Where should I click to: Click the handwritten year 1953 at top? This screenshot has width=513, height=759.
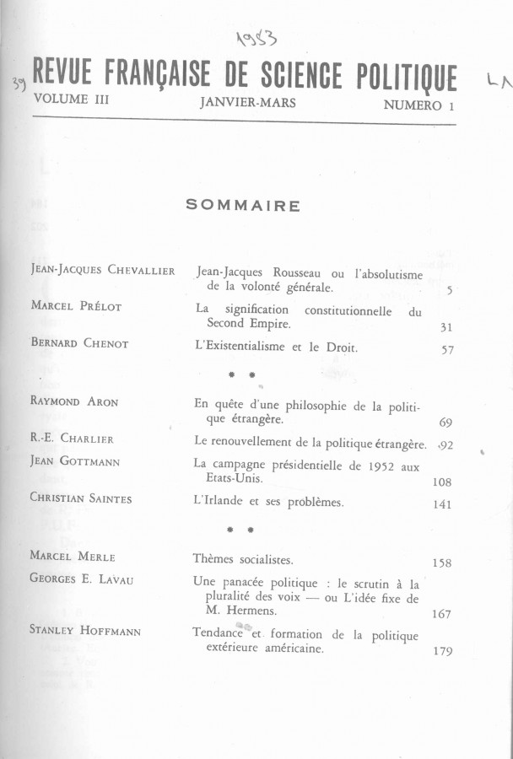(x=259, y=37)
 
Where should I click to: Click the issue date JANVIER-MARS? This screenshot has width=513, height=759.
(x=248, y=102)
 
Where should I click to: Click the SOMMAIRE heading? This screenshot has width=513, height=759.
(x=243, y=205)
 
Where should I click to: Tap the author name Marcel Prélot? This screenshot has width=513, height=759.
(x=76, y=306)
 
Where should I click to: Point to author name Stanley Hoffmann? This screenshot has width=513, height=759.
(x=85, y=630)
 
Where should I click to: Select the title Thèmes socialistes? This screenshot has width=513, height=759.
(x=244, y=559)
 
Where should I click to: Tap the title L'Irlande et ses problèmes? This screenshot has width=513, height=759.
(x=268, y=502)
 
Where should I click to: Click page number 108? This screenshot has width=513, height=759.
(x=440, y=482)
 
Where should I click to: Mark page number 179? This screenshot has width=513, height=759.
(x=441, y=651)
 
